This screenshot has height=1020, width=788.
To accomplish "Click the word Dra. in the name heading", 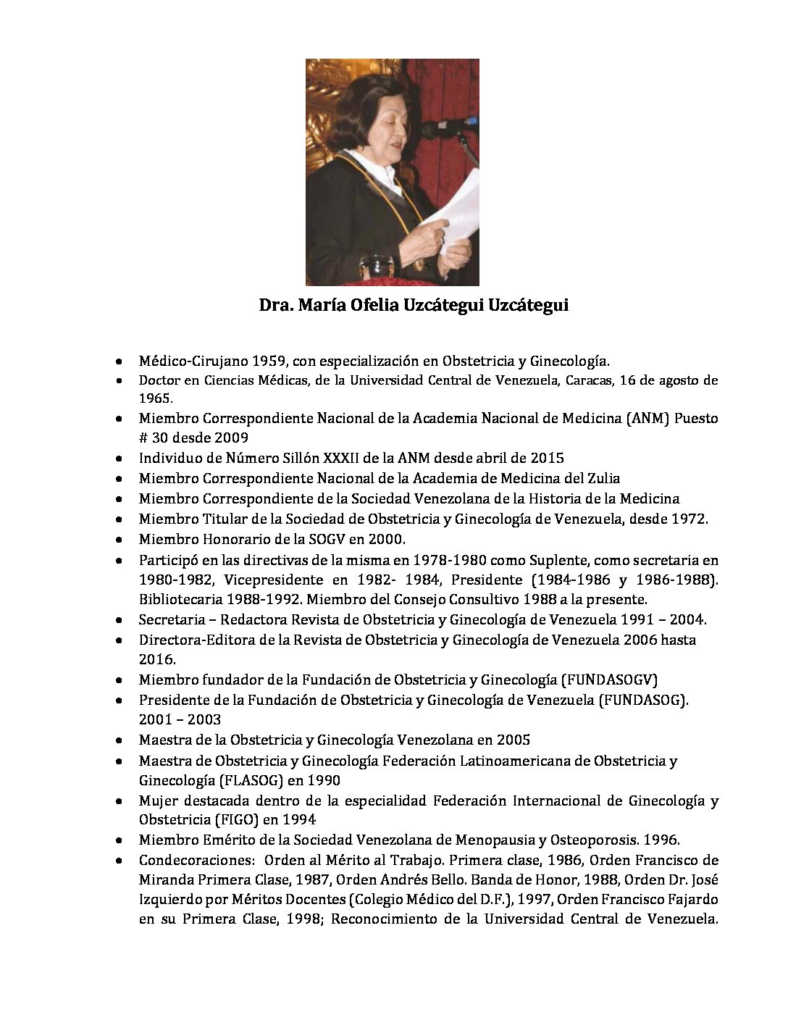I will pos(275,306).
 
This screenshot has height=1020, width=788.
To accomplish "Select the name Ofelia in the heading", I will pos(362,306).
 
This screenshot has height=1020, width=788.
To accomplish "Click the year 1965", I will pos(155,398).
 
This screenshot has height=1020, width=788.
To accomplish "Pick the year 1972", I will pos(689,519).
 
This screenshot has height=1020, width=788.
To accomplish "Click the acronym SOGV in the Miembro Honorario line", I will pos(313,539).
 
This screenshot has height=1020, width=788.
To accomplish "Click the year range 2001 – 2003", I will pos(180,719).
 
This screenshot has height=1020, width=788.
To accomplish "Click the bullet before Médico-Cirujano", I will pos(119,360).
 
